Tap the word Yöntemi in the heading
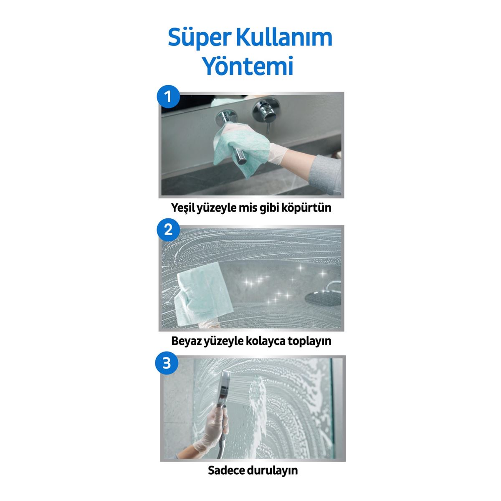(x=248, y=66)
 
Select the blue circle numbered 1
(x=168, y=98)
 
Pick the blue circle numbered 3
(x=167, y=363)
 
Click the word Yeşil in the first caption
(x=185, y=207)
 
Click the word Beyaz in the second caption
(x=186, y=341)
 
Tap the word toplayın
(x=309, y=341)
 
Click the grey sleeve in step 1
(x=326, y=171)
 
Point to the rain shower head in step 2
(x=321, y=297)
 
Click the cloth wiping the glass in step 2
(x=205, y=292)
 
